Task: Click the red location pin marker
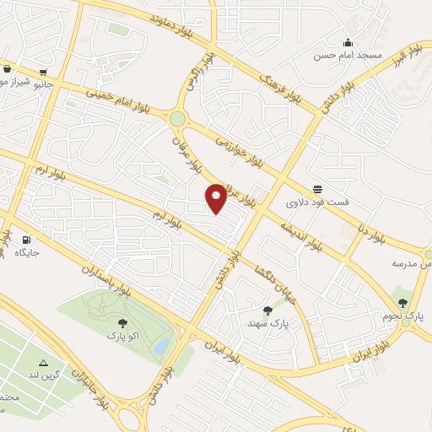point(217,197)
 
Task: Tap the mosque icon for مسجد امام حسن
point(348,43)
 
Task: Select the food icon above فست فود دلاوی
point(317,189)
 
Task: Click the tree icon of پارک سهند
point(268,310)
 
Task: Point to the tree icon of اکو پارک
point(123,322)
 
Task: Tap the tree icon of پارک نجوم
point(402,302)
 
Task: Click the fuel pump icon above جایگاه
point(27,240)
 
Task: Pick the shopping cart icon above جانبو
point(8,70)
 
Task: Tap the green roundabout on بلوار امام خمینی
point(177,120)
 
